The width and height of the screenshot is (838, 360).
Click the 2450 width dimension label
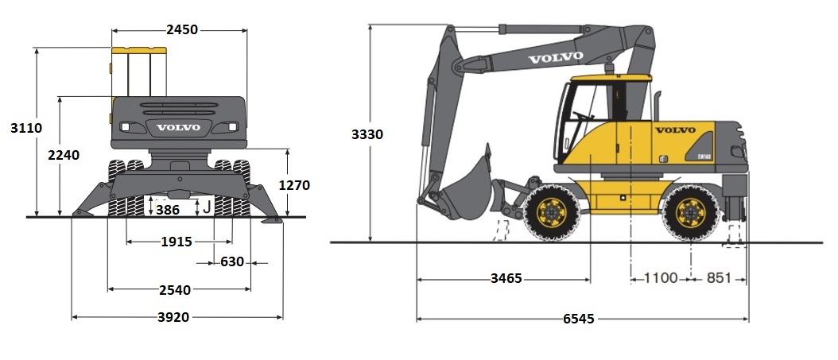pos(182,30)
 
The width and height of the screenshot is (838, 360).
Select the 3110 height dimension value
pos(26,128)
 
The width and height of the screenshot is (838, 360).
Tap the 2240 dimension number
pos(64,155)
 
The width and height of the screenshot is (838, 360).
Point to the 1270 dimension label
pos(294,185)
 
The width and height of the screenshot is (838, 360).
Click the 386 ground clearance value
pos(168,210)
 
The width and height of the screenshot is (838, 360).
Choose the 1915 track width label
pos(177,242)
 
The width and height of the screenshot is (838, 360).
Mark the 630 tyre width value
pos(232,262)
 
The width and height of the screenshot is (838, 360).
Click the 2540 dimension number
pos(175,290)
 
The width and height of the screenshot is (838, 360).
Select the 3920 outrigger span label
pos(173,317)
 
